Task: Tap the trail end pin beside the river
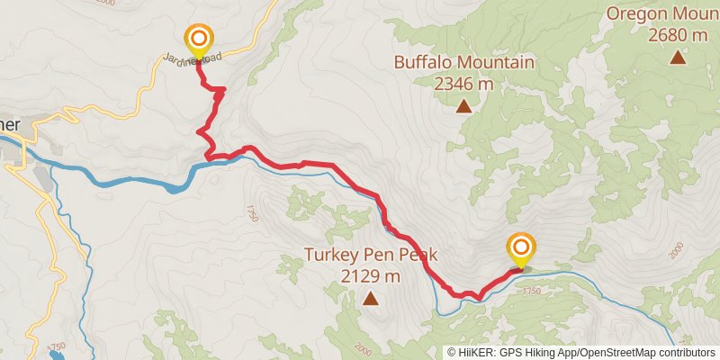(x=521, y=247)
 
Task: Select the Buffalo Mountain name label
(x=464, y=63)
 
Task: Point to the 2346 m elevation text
(x=464, y=84)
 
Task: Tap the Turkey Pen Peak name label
(x=370, y=255)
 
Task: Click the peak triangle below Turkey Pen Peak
(x=370, y=298)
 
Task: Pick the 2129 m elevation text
(x=371, y=275)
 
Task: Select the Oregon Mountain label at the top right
(x=662, y=13)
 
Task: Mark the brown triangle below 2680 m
(x=677, y=58)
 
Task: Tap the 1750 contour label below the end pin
(x=531, y=292)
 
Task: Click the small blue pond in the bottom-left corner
(x=56, y=355)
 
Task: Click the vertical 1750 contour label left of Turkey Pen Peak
(x=250, y=213)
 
